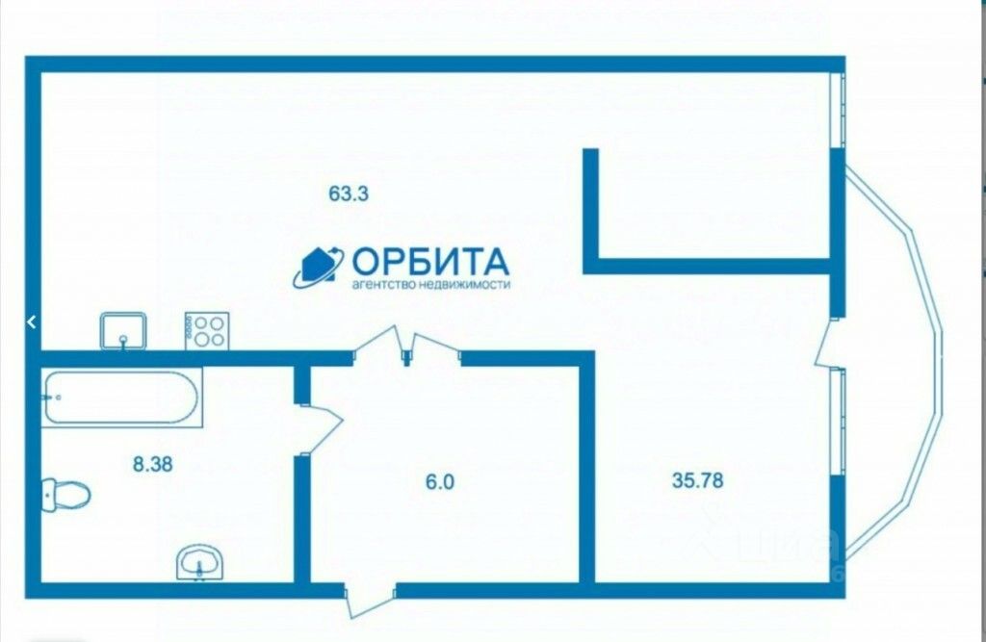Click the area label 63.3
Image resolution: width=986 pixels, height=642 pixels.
[349, 193]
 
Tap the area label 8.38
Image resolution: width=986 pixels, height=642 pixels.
[152, 463]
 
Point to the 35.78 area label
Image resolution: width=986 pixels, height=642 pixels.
[697, 478]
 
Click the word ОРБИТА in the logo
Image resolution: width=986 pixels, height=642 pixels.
[429, 262]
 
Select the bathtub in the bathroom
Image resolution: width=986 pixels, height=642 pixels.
[121, 397]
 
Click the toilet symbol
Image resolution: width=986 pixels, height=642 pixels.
[65, 495]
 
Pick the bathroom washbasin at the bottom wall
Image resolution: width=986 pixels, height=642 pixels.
[199, 561]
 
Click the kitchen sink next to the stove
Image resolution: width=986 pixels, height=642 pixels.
[123, 330]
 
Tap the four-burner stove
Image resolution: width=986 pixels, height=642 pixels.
[206, 330]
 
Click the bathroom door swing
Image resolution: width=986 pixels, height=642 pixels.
[322, 424]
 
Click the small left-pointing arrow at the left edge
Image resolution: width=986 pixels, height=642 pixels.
[31, 322]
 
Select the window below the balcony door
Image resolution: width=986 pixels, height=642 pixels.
[839, 421]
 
